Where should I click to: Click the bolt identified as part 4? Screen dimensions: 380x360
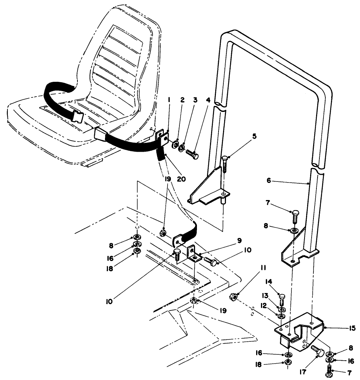pos(192,152)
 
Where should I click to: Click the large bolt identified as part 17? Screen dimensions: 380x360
pos(315,351)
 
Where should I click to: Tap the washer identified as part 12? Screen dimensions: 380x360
pos(282,316)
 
